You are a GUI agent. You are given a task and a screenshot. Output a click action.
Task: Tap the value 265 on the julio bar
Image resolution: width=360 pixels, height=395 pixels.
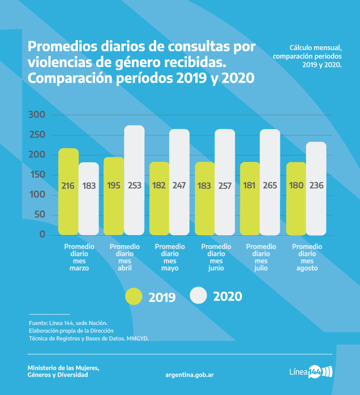270,185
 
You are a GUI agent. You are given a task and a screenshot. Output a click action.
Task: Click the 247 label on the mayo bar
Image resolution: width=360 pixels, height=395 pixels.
180,185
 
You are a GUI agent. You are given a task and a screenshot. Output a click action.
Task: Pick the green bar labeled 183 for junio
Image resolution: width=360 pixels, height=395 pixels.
204,202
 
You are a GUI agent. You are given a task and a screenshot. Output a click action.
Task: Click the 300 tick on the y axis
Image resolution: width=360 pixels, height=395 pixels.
36,115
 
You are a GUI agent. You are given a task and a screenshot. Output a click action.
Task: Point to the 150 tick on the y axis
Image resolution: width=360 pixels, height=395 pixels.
36,175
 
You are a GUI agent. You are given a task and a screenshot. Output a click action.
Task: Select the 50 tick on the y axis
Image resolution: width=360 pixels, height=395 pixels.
40,215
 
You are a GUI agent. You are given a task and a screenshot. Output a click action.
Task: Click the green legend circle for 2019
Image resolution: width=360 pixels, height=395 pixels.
134,296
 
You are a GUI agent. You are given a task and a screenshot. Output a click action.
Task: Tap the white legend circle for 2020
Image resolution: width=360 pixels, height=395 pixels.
198,296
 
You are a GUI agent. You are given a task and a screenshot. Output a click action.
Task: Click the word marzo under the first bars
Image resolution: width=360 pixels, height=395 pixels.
79,268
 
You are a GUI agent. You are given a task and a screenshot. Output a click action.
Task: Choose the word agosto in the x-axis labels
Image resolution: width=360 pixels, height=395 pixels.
307,268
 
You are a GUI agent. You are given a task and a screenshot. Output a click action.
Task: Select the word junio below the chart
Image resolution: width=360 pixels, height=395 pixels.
216,268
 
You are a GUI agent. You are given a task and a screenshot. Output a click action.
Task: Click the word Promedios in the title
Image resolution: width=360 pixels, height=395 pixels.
64,47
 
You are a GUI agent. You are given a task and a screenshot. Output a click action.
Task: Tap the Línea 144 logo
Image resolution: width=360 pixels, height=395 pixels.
310,372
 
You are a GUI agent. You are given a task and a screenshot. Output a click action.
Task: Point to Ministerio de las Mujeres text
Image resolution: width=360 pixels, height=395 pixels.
63,368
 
